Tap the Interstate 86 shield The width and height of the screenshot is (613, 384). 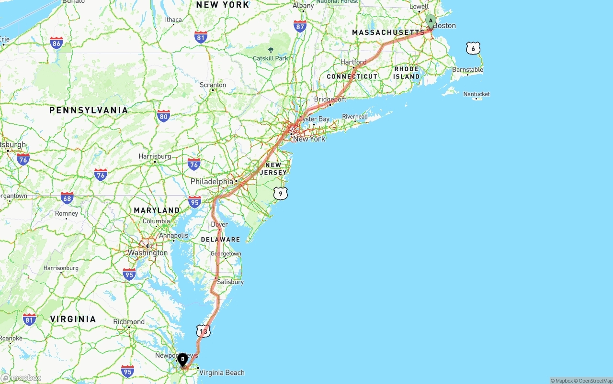57,44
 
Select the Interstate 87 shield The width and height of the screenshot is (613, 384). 300,26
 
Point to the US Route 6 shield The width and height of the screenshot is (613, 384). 473,48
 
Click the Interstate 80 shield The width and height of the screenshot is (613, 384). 164,116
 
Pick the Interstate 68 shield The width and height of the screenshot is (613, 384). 68,198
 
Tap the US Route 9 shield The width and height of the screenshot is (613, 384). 281,193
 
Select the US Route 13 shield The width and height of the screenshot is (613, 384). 204,331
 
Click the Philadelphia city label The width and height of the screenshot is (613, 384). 212,182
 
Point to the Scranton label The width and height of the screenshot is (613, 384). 213,85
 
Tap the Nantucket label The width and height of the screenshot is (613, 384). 477,94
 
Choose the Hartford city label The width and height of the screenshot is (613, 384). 353,62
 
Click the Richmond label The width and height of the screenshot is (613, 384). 129,322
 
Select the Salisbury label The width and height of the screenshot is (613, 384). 230,282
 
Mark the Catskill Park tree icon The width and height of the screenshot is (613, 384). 271,50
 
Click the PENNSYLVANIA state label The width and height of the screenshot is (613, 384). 89,110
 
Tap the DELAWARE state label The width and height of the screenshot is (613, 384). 220,240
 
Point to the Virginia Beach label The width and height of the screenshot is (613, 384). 222,373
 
